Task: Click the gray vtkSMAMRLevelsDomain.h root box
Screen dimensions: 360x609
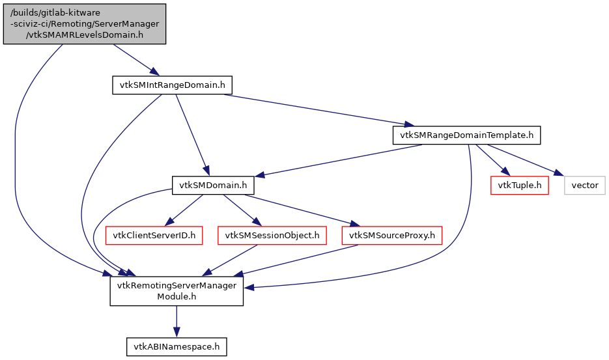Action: pyautogui.click(x=84, y=24)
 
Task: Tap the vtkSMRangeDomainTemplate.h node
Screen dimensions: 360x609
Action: pyautogui.click(x=467, y=135)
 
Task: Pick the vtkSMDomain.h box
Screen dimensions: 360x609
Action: pyautogui.click(x=212, y=186)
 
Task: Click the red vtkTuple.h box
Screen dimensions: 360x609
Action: pyautogui.click(x=519, y=186)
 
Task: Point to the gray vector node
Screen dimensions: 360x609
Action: pyautogui.click(x=584, y=186)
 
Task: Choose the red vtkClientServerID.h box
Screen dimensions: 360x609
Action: pyautogui.click(x=154, y=235)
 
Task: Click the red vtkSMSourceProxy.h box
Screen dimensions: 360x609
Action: pyautogui.click(x=391, y=235)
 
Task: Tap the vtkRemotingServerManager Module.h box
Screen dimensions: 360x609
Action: pyautogui.click(x=177, y=290)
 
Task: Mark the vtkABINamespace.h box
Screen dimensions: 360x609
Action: pyautogui.click(x=177, y=346)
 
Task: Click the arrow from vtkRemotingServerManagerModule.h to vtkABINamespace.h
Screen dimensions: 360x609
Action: pyautogui.click(x=177, y=322)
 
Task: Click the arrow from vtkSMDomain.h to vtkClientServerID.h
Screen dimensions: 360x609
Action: pyautogui.click(x=185, y=210)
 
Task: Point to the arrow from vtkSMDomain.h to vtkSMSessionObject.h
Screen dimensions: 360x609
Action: pyautogui.click(x=241, y=210)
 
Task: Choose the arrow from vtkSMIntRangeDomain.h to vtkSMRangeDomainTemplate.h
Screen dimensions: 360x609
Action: pyautogui.click(x=313, y=109)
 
